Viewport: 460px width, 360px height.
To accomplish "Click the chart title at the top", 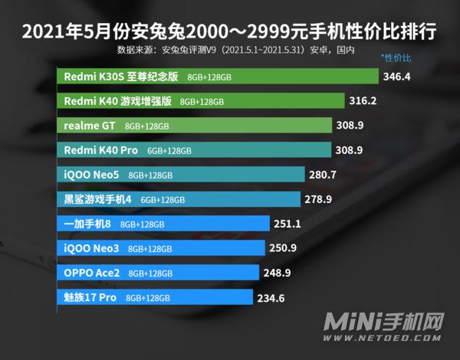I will coord(230,32).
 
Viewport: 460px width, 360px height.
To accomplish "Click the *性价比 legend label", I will coord(396,58).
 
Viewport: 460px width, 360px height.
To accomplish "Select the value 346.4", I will coord(399,77).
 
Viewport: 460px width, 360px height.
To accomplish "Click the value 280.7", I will coord(323,175).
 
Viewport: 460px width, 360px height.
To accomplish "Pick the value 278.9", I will coord(318,199).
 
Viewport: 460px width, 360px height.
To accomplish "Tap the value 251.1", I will coord(287,224).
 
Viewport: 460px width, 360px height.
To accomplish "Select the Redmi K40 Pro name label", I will coord(100,150).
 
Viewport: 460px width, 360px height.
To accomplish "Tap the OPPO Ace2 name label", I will coord(91,273).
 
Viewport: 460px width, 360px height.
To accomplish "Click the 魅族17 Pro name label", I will coord(90,297).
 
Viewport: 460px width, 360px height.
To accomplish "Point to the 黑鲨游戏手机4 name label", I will coord(98,199).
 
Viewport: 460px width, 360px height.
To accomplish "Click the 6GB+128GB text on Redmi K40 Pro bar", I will coord(169,151).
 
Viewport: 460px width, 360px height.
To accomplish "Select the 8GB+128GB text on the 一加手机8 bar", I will coord(143,224).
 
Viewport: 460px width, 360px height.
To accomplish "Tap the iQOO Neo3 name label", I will coord(91,248).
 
